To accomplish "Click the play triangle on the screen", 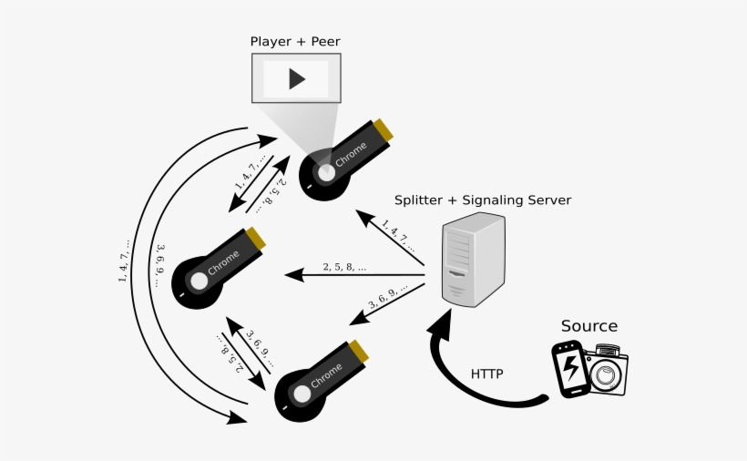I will (x=296, y=79).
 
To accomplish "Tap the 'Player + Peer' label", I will (x=295, y=41).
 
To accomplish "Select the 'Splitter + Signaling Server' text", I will (x=482, y=200).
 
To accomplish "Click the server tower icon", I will (x=473, y=261).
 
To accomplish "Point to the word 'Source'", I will (x=588, y=326).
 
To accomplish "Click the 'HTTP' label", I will (x=487, y=374).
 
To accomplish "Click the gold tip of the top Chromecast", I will (x=384, y=133).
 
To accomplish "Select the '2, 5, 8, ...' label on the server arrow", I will (x=344, y=268).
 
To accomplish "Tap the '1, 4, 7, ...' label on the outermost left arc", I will (x=124, y=261).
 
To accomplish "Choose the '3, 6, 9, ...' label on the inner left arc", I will (x=161, y=264).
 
